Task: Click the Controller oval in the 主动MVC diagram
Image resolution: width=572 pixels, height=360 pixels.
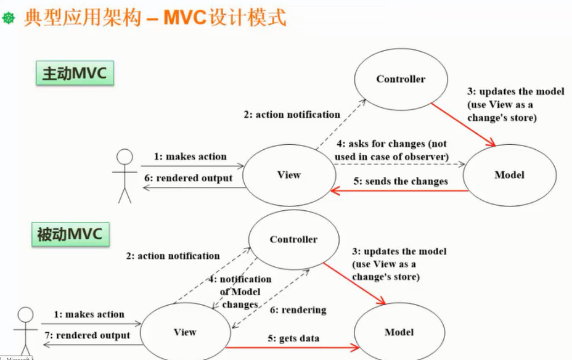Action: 401,79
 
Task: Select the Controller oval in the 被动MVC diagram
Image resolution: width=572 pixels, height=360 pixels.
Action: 293,239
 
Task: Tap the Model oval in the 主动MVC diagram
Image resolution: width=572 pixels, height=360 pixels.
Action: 509,175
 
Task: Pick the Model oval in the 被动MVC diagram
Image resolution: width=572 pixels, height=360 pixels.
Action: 399,332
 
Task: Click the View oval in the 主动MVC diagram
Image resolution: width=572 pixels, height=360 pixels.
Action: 288,175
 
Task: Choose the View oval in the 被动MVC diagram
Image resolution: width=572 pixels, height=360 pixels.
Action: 184,332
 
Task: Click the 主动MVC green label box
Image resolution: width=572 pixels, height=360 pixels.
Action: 74,73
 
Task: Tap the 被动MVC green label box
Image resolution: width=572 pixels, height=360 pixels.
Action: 70,234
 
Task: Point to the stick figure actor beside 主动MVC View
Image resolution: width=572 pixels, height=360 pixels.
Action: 125,176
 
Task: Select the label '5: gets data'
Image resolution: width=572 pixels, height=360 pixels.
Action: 293,338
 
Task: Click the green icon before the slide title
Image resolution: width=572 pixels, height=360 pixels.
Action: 9,18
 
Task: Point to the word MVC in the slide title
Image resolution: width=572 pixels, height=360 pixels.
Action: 187,18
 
